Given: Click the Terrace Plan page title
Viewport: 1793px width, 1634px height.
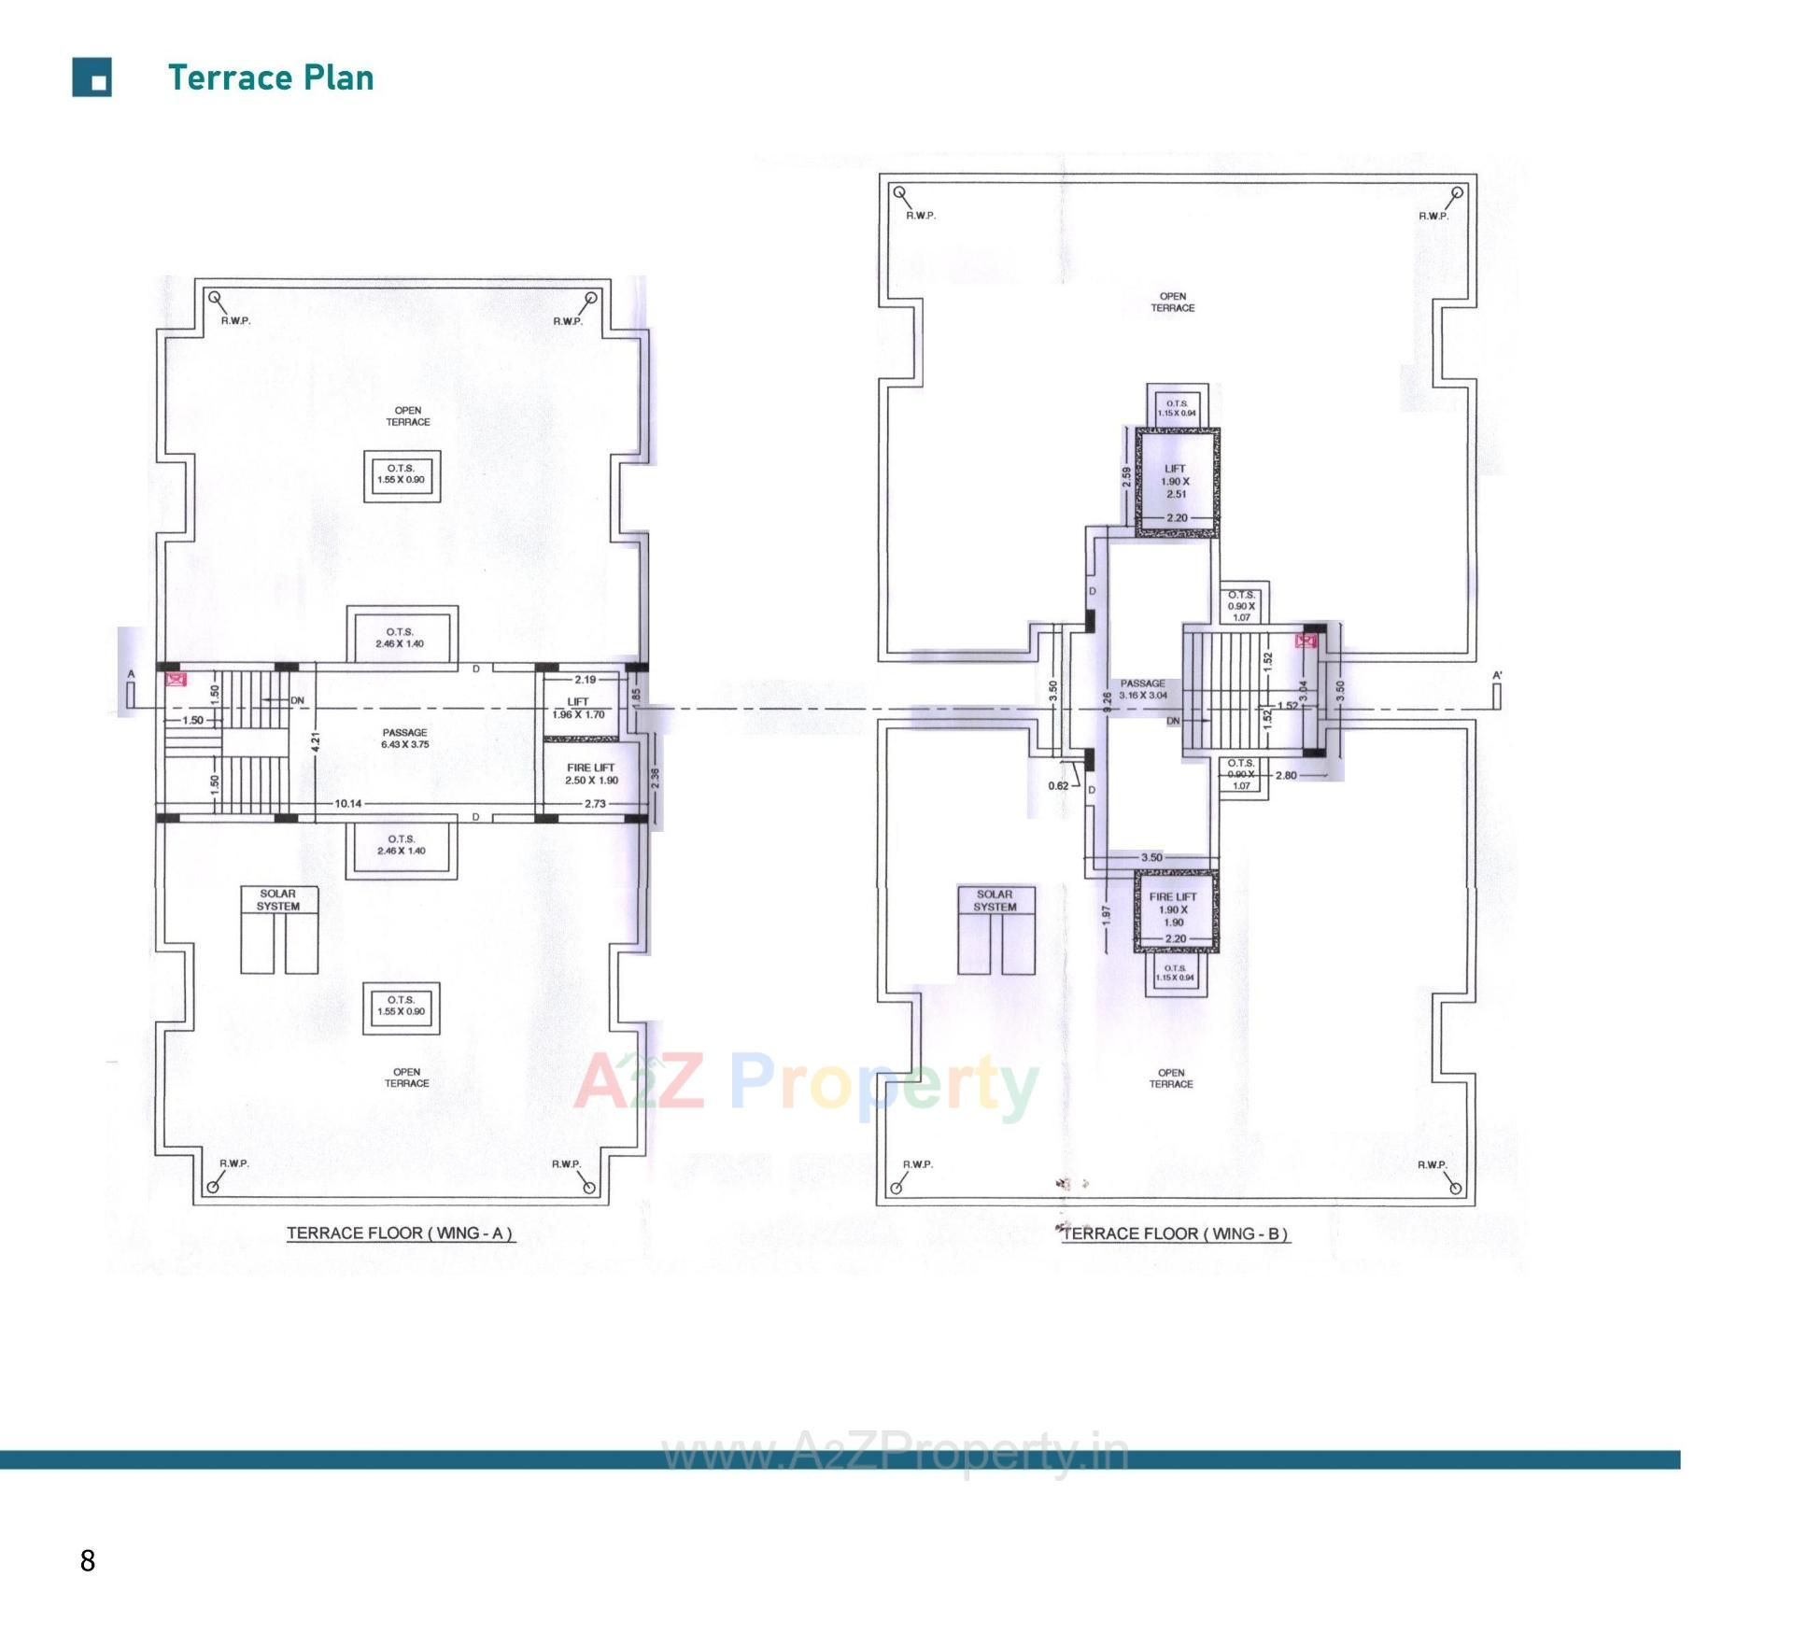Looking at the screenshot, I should [x=271, y=77].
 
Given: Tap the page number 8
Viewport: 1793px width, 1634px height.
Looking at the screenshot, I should [x=88, y=1560].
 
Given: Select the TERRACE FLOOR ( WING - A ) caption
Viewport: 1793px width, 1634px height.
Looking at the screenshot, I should [x=400, y=1233].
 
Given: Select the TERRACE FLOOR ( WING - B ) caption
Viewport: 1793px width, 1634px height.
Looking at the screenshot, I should [x=1175, y=1234].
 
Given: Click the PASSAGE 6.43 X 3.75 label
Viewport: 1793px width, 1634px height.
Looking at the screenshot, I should [x=404, y=739].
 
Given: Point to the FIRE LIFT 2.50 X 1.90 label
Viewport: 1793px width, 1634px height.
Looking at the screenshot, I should [x=591, y=774].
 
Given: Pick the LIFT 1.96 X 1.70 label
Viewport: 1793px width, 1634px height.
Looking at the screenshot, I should [x=578, y=709].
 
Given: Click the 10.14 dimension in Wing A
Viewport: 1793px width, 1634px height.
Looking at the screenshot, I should [x=347, y=803].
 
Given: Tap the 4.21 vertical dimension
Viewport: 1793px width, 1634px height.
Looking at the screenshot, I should [x=316, y=742].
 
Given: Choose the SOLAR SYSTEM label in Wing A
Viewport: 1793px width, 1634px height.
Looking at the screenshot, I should [x=278, y=900].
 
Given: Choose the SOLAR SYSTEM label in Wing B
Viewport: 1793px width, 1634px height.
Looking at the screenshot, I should [x=995, y=901].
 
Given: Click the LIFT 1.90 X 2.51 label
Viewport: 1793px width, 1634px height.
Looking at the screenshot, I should [x=1175, y=482].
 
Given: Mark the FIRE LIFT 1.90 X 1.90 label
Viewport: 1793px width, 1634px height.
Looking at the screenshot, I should [x=1173, y=909].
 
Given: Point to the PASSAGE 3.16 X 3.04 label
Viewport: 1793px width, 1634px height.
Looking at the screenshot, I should [x=1143, y=689].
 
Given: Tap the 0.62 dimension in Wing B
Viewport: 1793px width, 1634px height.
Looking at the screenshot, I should [x=1058, y=785].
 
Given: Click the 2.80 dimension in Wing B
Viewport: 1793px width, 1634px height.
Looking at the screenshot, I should [x=1286, y=775].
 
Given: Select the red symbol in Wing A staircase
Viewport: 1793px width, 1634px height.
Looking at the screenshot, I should [x=176, y=679].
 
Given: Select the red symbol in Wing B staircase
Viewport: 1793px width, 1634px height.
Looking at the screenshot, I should [x=1306, y=641].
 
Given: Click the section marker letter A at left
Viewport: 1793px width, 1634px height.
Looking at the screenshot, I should [x=132, y=674].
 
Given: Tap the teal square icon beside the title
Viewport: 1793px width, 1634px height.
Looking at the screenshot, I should [x=92, y=77].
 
